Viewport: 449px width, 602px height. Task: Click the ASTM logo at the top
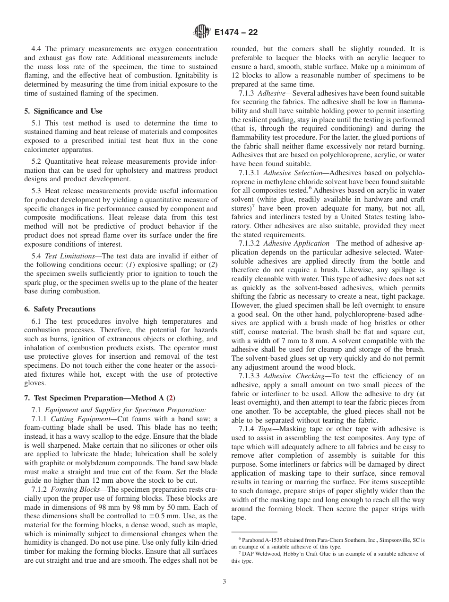tap(202, 33)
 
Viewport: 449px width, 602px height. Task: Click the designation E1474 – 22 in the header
tap(235, 33)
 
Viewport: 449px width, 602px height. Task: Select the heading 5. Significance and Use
tap(63, 111)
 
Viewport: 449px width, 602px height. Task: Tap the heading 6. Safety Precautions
tap(60, 309)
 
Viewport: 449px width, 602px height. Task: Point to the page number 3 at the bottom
tap(224, 582)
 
